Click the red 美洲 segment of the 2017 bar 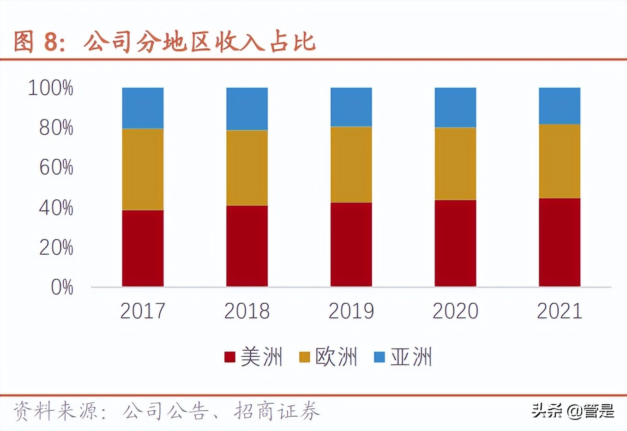143,248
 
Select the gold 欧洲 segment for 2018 247,168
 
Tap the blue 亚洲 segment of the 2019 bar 351,107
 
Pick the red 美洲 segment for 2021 560,242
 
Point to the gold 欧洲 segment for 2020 455,164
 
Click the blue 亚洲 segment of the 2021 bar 560,106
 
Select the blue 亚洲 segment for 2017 143,108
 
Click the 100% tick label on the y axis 50,88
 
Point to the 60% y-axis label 56,168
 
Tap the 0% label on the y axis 62,287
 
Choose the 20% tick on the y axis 56,248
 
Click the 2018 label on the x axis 247,311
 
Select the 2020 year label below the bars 455,311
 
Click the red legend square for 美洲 229,357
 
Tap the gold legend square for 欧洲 305,357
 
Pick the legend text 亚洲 411,357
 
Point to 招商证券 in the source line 277,411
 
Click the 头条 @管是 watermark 573,410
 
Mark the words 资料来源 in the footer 55,411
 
